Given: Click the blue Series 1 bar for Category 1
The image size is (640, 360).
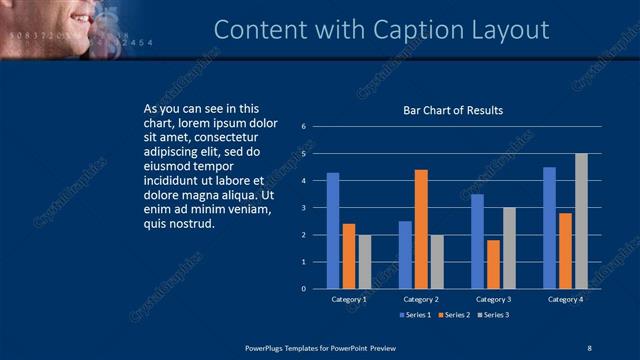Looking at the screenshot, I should pyautogui.click(x=333, y=230).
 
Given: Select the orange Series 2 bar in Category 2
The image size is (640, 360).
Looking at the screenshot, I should pyautogui.click(x=421, y=229).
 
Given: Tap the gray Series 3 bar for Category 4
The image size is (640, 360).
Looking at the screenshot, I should pyautogui.click(x=581, y=221).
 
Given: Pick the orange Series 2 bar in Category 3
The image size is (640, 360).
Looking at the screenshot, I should pyautogui.click(x=493, y=264).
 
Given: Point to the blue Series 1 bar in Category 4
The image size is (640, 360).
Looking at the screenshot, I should pyautogui.click(x=549, y=228).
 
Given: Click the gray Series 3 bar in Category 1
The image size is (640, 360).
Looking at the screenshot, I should pyautogui.click(x=364, y=261).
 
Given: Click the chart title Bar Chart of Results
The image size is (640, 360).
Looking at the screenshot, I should pyautogui.click(x=453, y=110).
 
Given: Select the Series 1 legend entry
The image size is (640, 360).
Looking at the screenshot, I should pyautogui.click(x=417, y=315).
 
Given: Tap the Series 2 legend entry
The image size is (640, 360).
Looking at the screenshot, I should pyautogui.click(x=453, y=315).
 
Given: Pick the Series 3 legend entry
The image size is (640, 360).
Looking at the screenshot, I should pyautogui.click(x=492, y=315).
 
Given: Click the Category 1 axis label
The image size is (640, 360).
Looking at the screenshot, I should pyautogui.click(x=349, y=299).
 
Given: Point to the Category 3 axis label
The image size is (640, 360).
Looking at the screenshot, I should pyautogui.click(x=493, y=299).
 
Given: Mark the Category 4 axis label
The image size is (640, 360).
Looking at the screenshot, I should pyautogui.click(x=565, y=299).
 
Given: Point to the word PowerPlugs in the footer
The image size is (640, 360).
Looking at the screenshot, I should pyautogui.click(x=266, y=347).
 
